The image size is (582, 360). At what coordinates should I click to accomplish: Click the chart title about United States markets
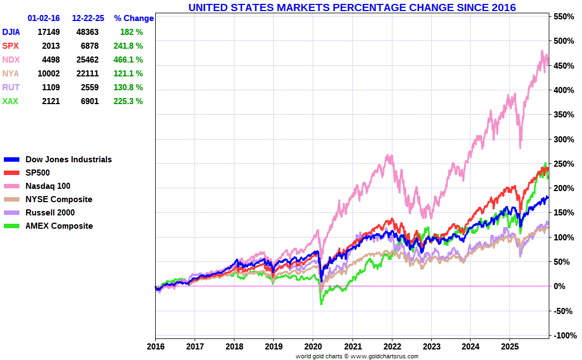[352, 8]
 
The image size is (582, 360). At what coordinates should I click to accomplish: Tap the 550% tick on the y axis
[563, 17]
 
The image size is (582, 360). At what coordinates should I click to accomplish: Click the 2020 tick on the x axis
[313, 346]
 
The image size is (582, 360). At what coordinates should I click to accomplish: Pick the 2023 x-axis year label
[431, 346]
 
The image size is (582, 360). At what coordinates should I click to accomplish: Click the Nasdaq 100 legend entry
[48, 186]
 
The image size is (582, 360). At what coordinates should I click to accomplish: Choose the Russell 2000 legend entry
[50, 213]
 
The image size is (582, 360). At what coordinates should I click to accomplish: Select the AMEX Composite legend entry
[59, 226]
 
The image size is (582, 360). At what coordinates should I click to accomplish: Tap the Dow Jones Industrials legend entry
[68, 160]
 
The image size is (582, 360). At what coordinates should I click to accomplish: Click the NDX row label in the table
[11, 60]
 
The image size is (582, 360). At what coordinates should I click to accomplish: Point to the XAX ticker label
[10, 101]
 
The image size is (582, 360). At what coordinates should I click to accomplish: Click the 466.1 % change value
[128, 60]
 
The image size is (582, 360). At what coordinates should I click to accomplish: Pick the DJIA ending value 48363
[88, 32]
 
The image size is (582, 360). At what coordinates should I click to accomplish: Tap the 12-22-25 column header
[86, 18]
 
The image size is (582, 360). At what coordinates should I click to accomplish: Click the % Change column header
[134, 18]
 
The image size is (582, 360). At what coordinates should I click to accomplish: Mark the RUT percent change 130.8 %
[128, 88]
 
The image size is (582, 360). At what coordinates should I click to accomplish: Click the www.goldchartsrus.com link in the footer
[384, 356]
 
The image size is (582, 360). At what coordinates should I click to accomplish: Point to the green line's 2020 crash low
[321, 303]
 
